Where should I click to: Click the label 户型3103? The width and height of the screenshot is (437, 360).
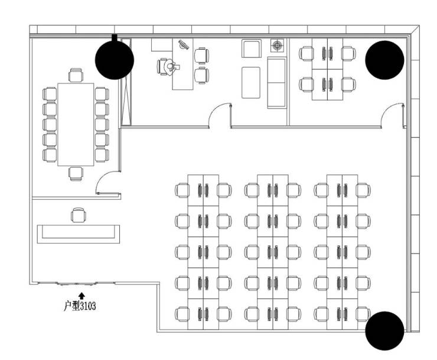click(80, 306)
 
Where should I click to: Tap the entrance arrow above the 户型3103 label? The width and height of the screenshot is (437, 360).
click(81, 294)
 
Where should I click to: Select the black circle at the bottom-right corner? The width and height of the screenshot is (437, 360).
click(384, 331)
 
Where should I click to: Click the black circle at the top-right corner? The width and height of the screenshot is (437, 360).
click(384, 60)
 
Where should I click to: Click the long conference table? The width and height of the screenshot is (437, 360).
click(76, 124)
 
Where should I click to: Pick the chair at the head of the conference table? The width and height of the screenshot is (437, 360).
click(76, 75)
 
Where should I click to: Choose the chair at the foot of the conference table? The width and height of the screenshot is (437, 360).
click(76, 173)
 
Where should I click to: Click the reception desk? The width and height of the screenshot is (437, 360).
click(79, 232)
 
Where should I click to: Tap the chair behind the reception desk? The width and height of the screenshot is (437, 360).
click(78, 215)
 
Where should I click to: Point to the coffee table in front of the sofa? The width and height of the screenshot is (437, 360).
click(251, 82)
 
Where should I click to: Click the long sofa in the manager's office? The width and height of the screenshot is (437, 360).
click(276, 83)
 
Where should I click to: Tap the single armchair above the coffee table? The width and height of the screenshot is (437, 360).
click(252, 48)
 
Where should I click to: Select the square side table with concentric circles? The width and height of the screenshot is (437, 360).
click(277, 46)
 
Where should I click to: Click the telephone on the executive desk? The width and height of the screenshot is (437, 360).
click(184, 44)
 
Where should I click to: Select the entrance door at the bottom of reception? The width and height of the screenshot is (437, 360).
click(77, 284)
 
